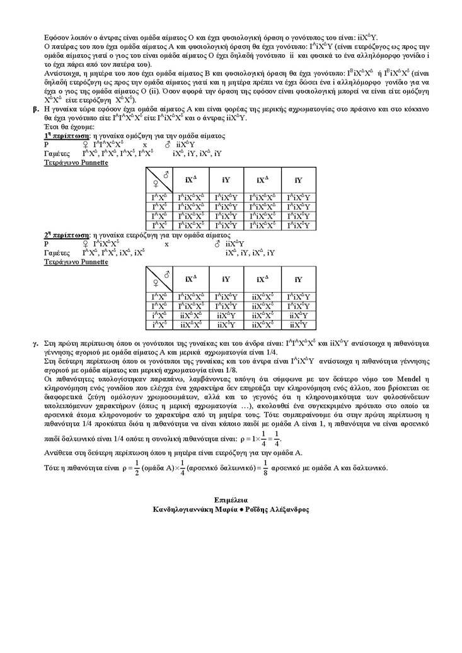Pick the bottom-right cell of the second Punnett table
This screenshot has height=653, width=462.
click(x=298, y=325)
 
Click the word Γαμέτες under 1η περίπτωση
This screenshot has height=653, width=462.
click(x=57, y=154)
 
